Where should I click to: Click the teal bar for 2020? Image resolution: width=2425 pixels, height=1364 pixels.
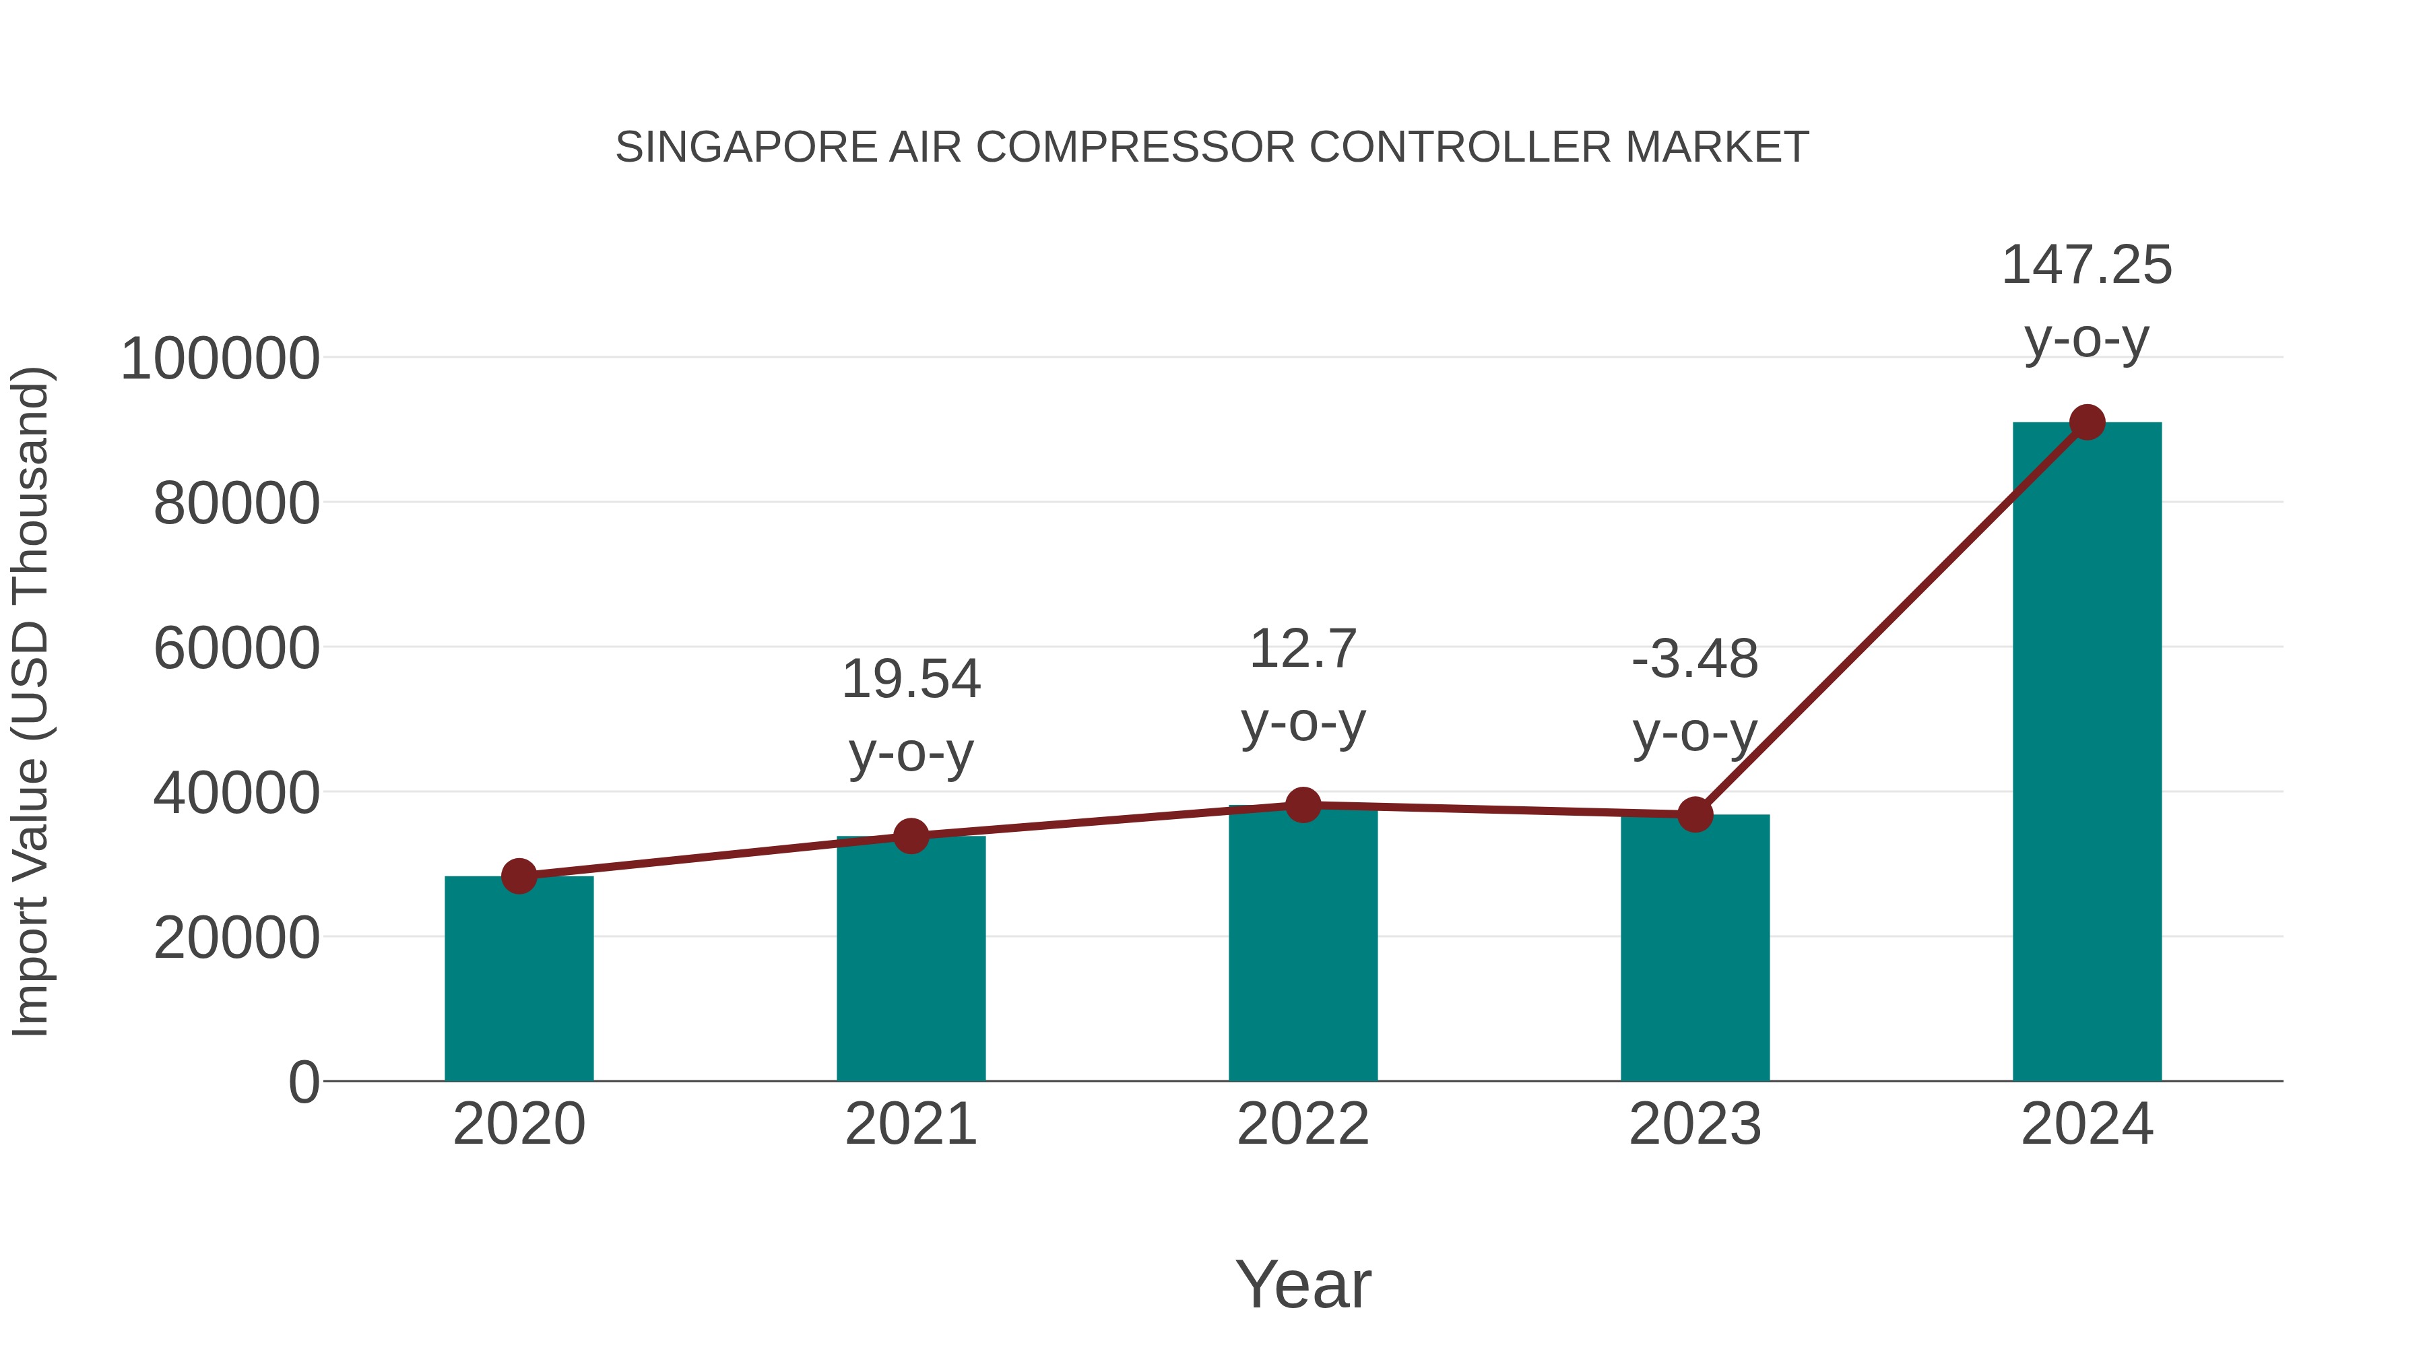pos(519,979)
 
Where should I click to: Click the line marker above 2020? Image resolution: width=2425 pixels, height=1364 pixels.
pos(519,876)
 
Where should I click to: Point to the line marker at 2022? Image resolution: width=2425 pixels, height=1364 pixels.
pos(1303,805)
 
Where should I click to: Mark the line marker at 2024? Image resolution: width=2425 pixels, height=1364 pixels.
pos(2087,422)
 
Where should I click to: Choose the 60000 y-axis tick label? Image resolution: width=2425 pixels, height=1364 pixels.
pos(236,649)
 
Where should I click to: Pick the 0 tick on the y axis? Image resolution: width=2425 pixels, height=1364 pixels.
pos(303,1082)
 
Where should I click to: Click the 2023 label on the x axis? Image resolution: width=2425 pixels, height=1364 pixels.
pos(1695,1124)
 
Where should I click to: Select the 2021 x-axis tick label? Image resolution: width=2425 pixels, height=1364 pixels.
pos(910,1124)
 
